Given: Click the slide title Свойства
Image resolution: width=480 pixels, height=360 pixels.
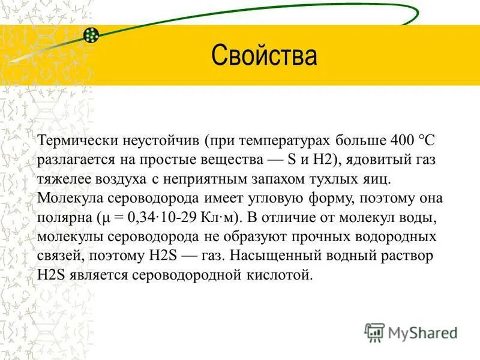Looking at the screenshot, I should (263, 56).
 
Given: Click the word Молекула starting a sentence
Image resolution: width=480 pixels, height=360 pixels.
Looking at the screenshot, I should (67, 198).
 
